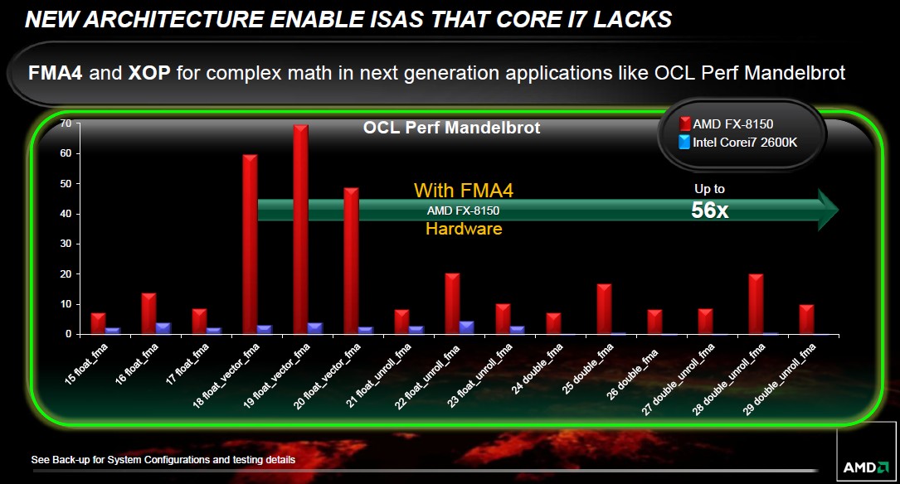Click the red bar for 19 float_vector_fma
(301, 230)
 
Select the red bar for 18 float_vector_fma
(251, 244)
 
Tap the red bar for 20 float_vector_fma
(351, 261)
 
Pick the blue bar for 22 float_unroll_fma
(467, 327)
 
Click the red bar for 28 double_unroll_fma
(756, 304)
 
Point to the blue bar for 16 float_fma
(163, 328)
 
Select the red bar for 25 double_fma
(605, 309)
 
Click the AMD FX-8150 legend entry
(726, 123)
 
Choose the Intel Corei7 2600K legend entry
(738, 143)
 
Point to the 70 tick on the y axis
(66, 123)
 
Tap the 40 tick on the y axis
(66, 214)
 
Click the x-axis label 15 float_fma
(86, 364)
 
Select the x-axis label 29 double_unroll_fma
(779, 380)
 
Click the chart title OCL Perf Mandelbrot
(452, 128)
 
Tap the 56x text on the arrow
(710, 211)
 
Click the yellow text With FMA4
(464, 191)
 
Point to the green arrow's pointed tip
(839, 210)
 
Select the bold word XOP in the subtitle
(149, 73)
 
